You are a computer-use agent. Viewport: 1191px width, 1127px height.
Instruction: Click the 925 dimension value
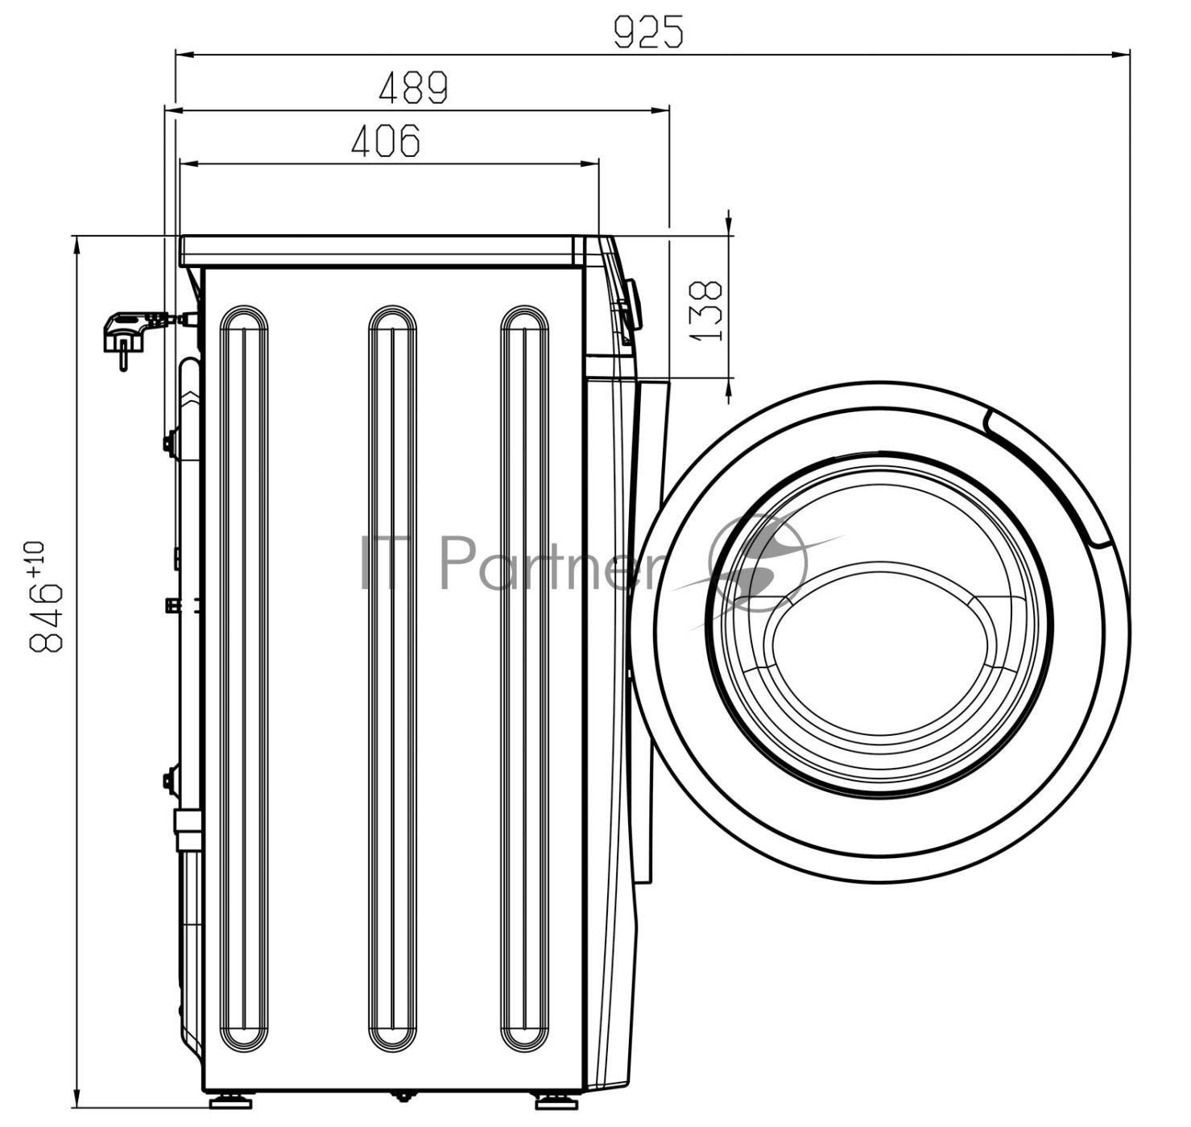pos(648,32)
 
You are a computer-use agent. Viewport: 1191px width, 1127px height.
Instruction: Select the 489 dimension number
pos(413,88)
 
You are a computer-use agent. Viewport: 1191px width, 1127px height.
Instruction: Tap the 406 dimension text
pos(386,141)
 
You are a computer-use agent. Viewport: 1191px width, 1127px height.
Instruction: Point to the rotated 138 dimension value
pos(706,310)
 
